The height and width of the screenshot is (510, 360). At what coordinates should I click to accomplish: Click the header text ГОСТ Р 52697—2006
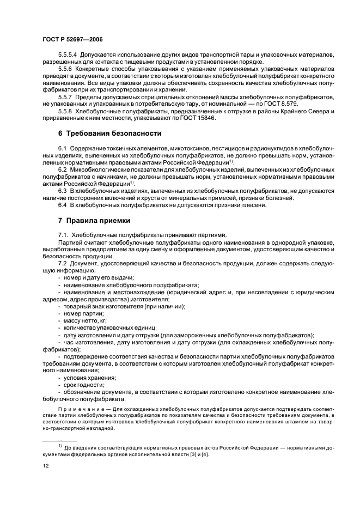(x=73, y=40)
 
